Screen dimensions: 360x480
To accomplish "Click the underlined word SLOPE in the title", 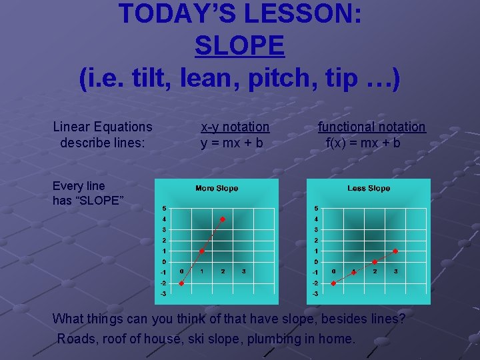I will pyautogui.click(x=240, y=45).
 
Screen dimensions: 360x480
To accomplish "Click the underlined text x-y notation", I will pyautogui.click(x=235, y=127).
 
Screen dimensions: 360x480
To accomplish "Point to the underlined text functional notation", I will pyautogui.click(x=371, y=127).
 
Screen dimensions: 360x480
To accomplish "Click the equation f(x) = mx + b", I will pyautogui.click(x=363, y=143).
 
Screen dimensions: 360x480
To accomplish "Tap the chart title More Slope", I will pyautogui.click(x=217, y=189).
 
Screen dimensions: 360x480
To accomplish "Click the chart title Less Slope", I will pyautogui.click(x=369, y=189).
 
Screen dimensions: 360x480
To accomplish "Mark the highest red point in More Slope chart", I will pyautogui.click(x=223, y=219).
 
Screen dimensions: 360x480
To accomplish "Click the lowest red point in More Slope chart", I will pyautogui.click(x=181, y=283).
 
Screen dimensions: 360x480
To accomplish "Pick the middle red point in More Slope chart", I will pyautogui.click(x=202, y=251).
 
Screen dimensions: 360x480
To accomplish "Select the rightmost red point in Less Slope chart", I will pyautogui.click(x=395, y=251).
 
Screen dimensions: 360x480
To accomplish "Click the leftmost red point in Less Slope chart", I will pyautogui.click(x=333, y=283).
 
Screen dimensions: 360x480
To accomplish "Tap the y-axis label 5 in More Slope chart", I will pyautogui.click(x=164, y=209).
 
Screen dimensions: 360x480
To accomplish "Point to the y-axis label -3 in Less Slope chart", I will pyautogui.click(x=315, y=293).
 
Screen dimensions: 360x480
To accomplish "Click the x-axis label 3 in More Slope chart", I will pyautogui.click(x=243, y=271).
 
